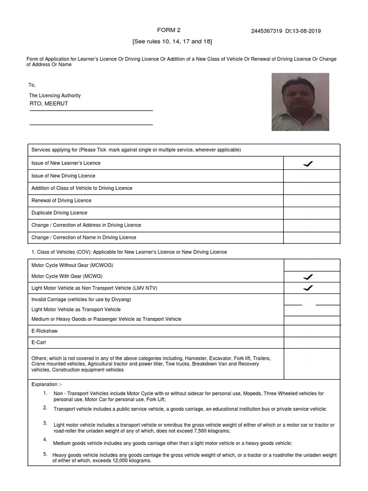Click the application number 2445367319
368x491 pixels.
click(x=266, y=31)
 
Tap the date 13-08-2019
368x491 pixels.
click(x=307, y=31)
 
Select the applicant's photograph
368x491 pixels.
click(x=300, y=102)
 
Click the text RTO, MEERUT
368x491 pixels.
click(x=49, y=104)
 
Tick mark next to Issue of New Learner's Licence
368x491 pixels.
click(x=308, y=164)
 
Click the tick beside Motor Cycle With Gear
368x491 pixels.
click(x=308, y=277)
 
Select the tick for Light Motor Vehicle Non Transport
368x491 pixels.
click(x=308, y=288)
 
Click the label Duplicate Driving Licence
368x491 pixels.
click(x=59, y=213)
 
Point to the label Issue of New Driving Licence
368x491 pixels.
click(x=63, y=176)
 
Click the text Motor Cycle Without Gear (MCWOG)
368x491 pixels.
click(x=72, y=265)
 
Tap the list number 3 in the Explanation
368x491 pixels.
click(x=45, y=423)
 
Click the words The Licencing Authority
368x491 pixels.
click(x=55, y=95)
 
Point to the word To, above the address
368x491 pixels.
click(x=32, y=85)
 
